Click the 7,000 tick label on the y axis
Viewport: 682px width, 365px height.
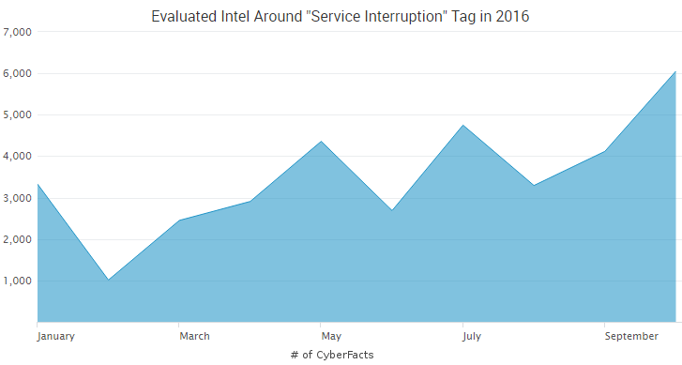tap(18, 32)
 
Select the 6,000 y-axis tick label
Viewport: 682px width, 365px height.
tap(18, 73)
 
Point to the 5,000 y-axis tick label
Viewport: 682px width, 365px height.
tap(18, 114)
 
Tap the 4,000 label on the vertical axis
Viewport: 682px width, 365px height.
tap(18, 156)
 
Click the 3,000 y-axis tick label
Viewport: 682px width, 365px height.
tap(18, 198)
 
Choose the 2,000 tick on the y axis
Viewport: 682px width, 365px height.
tap(18, 239)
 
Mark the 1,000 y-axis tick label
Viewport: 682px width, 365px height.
tap(18, 281)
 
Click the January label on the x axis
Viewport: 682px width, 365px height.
tap(55, 336)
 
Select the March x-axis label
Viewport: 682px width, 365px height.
tap(194, 336)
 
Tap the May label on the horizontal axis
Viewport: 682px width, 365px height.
tap(331, 336)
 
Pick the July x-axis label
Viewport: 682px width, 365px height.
tap(463, 336)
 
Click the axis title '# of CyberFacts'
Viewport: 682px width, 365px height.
tap(332, 355)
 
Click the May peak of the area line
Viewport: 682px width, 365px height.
tap(322, 142)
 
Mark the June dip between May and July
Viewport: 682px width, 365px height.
tap(392, 209)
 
